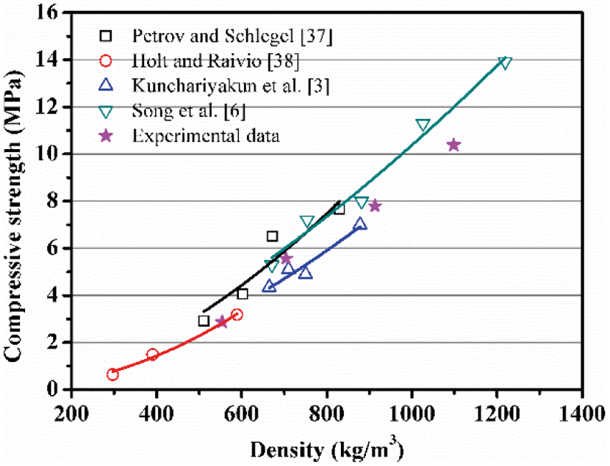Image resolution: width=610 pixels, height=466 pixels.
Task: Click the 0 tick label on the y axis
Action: pos(60,390)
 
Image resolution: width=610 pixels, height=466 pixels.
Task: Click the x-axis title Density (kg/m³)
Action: pos(326,450)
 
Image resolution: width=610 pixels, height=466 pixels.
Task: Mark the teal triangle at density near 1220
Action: pos(505,63)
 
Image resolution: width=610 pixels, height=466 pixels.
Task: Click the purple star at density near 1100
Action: pos(454,145)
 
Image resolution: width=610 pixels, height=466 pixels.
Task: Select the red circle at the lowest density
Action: pos(113,374)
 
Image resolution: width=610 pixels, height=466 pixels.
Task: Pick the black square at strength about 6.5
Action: pos(272,237)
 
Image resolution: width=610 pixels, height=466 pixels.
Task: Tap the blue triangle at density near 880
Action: pos(360,224)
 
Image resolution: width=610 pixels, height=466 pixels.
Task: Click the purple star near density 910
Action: pos(375,206)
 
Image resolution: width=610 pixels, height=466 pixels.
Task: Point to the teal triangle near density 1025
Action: pos(423,125)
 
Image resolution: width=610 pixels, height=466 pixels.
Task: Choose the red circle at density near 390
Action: pos(152,354)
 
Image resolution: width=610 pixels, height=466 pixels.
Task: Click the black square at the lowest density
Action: pos(204,320)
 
